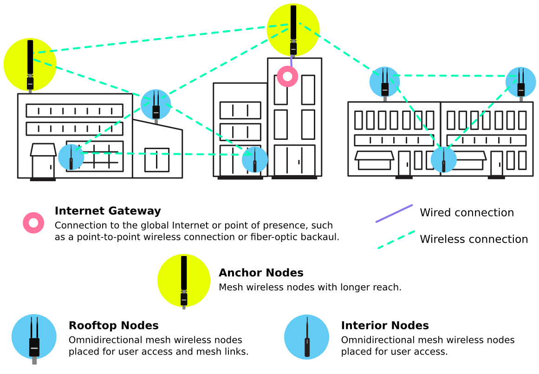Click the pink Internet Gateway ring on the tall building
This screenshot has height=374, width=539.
pyautogui.click(x=287, y=76)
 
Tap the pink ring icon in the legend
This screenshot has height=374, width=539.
pyautogui.click(x=33, y=223)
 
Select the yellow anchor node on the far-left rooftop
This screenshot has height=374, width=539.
pyautogui.click(x=30, y=64)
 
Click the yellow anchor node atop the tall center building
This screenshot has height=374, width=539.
pyautogui.click(x=293, y=30)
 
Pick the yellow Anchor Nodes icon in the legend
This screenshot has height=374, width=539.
pyautogui.click(x=184, y=280)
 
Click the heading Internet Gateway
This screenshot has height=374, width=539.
pyautogui.click(x=108, y=211)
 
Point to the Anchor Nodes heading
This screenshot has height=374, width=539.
pyautogui.click(x=261, y=273)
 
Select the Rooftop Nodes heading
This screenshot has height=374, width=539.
pyautogui.click(x=113, y=325)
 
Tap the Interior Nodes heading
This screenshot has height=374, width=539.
pyautogui.click(x=384, y=325)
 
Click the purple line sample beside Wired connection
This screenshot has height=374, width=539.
pyautogui.click(x=394, y=213)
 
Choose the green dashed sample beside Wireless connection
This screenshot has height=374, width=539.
pyautogui.click(x=396, y=240)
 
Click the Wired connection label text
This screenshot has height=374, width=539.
pyautogui.click(x=467, y=213)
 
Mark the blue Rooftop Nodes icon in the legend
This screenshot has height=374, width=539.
pyautogui.click(x=34, y=337)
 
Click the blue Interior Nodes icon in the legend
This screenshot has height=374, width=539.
pyautogui.click(x=306, y=337)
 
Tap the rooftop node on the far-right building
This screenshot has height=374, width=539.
pyautogui.click(x=520, y=82)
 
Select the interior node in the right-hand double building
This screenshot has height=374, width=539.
pyautogui.click(x=443, y=159)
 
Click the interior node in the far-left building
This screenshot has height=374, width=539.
pyautogui.click(x=71, y=157)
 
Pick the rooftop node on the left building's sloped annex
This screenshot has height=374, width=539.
pyautogui.click(x=156, y=105)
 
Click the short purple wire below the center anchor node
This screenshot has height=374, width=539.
pyautogui.click(x=291, y=61)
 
